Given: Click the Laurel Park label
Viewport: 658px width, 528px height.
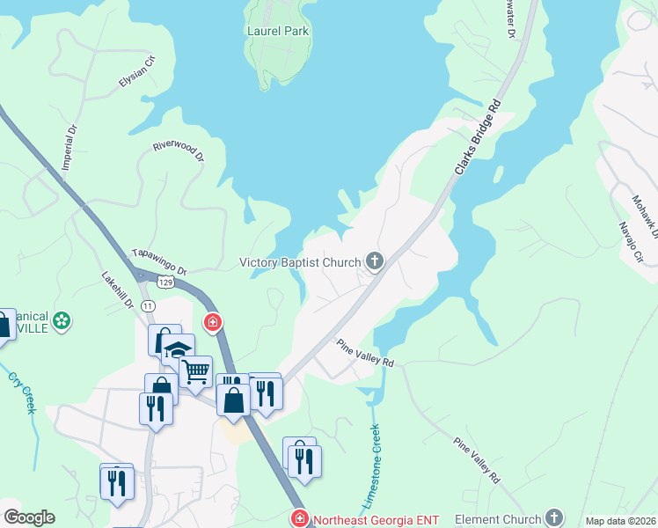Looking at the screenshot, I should [278, 31].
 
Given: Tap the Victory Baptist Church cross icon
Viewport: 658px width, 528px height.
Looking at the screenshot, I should [375, 261].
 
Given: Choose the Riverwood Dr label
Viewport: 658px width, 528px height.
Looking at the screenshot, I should [179, 152].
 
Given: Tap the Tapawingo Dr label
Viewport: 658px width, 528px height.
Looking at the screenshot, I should [159, 261].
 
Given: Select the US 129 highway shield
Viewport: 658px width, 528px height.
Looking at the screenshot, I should [167, 283].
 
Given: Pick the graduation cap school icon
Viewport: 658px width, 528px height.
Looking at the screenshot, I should [178, 350].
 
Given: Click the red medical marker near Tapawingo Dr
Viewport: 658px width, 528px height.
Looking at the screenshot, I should [212, 323].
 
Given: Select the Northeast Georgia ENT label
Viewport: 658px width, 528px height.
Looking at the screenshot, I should [376, 519].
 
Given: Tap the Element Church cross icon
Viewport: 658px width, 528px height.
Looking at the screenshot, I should [553, 517].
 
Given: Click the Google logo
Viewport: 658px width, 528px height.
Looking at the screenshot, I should [30, 517].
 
